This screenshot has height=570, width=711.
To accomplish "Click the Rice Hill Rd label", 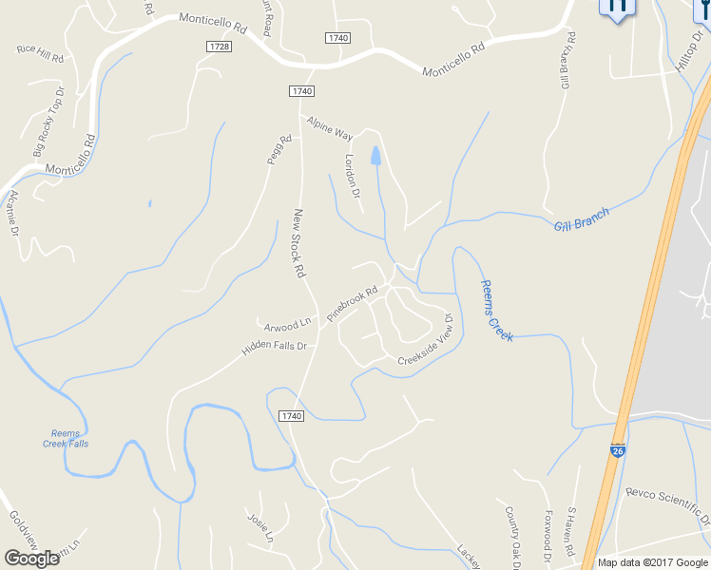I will (40, 53).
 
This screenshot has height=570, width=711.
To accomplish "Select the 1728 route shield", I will (218, 46).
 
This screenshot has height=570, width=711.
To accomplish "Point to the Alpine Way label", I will (329, 128).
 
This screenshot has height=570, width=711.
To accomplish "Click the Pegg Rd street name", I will (278, 150).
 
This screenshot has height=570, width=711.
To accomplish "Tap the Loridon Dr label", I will (353, 176).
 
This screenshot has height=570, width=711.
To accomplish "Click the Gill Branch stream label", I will (581, 219).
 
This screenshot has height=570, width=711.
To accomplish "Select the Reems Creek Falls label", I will (66, 438).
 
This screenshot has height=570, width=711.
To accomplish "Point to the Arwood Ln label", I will (288, 324).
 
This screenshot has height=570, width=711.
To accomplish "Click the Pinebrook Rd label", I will (352, 303).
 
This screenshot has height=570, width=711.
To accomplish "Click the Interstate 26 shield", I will (618, 454).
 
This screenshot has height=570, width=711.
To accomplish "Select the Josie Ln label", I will (259, 528).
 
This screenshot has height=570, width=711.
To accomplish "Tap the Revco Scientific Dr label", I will (668, 505).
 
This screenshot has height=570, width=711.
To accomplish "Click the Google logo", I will (31, 558).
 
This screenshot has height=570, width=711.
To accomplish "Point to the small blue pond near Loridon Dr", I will (377, 156).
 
